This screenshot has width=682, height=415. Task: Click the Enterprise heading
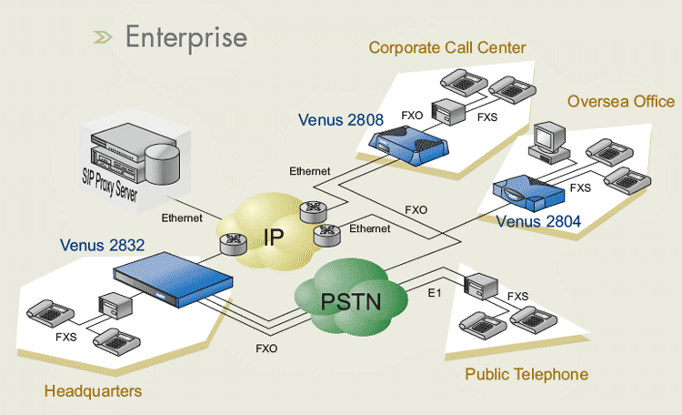coord(186,37)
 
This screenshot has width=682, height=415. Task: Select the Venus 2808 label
coord(341,119)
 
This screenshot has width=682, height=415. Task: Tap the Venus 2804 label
coord(538,221)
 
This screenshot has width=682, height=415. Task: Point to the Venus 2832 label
coord(103,245)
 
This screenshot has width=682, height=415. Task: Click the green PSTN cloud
coord(350,298)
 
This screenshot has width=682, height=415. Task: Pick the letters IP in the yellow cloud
coord(275,238)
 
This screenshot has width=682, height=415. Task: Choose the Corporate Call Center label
coord(447,47)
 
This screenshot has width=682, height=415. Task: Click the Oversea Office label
coord(621,101)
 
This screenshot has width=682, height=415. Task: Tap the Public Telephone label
coord(527,374)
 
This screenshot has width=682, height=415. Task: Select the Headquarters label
coord(93,391)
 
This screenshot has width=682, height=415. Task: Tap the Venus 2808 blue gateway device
coord(406,146)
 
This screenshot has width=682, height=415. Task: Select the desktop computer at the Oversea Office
coord(550,137)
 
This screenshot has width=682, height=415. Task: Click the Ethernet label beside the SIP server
coord(181,218)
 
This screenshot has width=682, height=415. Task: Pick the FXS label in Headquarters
coord(66,336)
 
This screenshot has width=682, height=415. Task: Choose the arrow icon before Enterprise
coord(103,37)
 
